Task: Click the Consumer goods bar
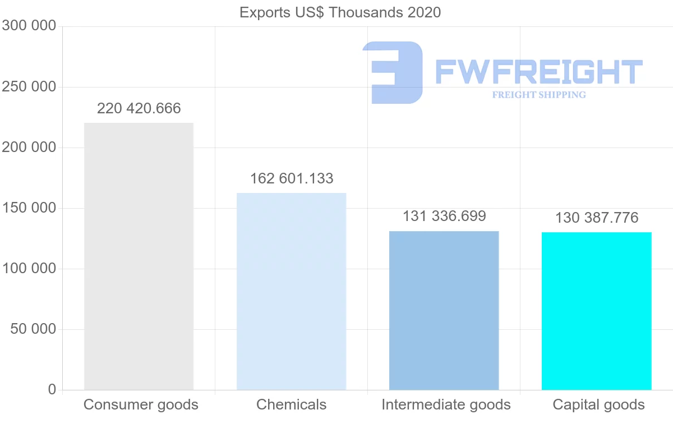[139, 256]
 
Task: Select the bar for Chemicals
[291, 291]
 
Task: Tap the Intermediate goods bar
[444, 310]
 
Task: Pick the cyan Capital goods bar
[596, 311]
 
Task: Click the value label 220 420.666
[139, 108]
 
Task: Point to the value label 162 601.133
[291, 178]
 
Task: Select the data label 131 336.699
[444, 216]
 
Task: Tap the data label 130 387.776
[596, 218]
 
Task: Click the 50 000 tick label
[34, 329]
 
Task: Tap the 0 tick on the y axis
[52, 389]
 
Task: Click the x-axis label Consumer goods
[141, 404]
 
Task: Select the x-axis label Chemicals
[291, 404]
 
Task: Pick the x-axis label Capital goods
[598, 404]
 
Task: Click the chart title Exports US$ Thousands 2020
[340, 12]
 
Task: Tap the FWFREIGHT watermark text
[538, 72]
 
